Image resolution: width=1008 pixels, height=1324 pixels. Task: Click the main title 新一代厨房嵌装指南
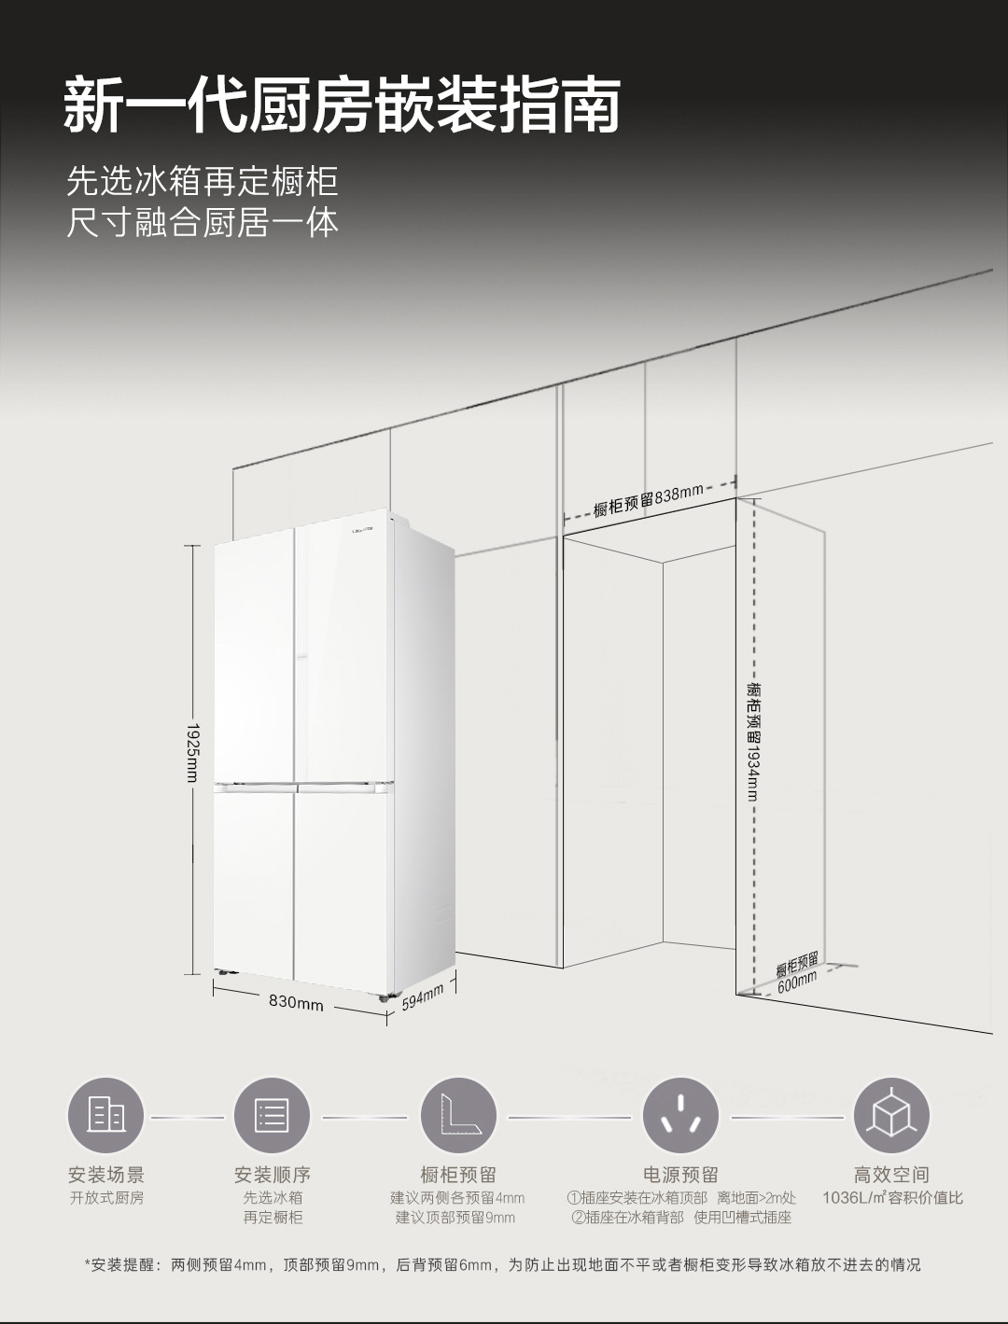click(342, 105)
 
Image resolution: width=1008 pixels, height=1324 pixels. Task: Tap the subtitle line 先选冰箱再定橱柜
click(202, 181)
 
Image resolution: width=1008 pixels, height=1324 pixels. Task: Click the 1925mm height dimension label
click(192, 753)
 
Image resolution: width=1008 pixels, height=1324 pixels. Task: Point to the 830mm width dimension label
click(296, 1003)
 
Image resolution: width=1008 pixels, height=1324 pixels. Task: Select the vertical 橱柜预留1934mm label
click(753, 741)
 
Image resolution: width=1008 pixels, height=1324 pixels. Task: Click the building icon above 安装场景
click(105, 1115)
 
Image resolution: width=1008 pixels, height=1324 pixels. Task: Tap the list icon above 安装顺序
click(272, 1115)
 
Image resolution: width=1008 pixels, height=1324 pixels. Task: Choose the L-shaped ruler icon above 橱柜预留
click(457, 1115)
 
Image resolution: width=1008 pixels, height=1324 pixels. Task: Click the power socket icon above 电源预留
click(680, 1115)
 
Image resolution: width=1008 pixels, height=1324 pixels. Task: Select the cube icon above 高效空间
click(891, 1115)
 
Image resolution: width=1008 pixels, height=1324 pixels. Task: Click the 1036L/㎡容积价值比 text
click(891, 1197)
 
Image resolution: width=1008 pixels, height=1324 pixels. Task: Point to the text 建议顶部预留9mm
click(455, 1217)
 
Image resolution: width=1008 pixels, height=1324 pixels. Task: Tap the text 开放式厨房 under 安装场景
click(106, 1197)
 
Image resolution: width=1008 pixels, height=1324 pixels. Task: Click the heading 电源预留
click(680, 1174)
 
